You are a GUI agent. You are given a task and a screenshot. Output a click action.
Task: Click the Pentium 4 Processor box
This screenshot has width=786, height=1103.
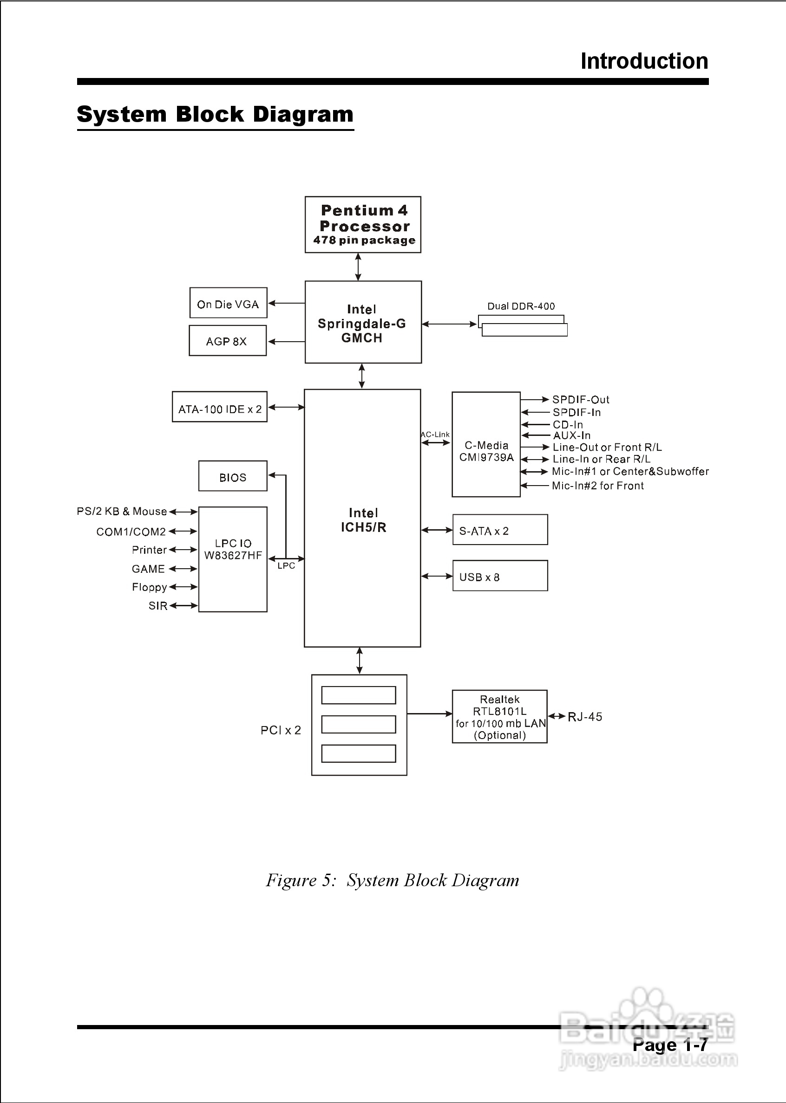coord(362,224)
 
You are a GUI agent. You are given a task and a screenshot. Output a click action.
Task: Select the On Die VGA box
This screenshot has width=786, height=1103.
coord(228,303)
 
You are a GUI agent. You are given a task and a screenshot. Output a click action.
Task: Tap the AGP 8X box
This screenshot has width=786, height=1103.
coord(228,341)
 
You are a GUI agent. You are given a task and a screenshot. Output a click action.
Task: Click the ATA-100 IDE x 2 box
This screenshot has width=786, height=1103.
coord(219,407)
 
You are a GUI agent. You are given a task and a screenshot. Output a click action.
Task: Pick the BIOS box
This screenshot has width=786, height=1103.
coord(232,476)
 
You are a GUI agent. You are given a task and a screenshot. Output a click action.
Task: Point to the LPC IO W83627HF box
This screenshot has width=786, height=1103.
coord(233,559)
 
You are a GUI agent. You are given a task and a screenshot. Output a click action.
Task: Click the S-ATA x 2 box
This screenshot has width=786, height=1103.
coord(500,530)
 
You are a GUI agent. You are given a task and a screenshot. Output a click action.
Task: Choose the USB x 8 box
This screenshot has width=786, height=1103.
coord(500,576)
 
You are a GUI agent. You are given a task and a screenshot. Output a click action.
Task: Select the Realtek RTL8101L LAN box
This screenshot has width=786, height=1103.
coord(499,717)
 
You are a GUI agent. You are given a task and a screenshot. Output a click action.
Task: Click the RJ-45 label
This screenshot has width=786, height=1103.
coord(585,717)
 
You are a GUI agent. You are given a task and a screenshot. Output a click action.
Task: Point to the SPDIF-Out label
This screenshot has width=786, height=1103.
coord(580,400)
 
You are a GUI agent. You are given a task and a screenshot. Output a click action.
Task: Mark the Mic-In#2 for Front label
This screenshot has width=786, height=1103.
coord(598,486)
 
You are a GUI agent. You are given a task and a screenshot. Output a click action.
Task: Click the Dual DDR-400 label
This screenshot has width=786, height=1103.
coord(521,306)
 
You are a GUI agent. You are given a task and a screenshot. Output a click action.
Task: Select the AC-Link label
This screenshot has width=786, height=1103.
coord(435,435)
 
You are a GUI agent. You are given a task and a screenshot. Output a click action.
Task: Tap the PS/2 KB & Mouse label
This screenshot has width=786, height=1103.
coord(122,512)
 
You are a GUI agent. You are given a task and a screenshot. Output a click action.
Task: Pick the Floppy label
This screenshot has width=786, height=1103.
coord(149,587)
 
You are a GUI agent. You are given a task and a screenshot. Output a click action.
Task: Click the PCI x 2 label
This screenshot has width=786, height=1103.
coord(281,730)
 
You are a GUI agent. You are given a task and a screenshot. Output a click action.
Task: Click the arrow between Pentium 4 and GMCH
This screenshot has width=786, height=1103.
coord(358,267)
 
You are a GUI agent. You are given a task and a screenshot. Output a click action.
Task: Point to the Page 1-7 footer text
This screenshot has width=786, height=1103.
coord(670,1045)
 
